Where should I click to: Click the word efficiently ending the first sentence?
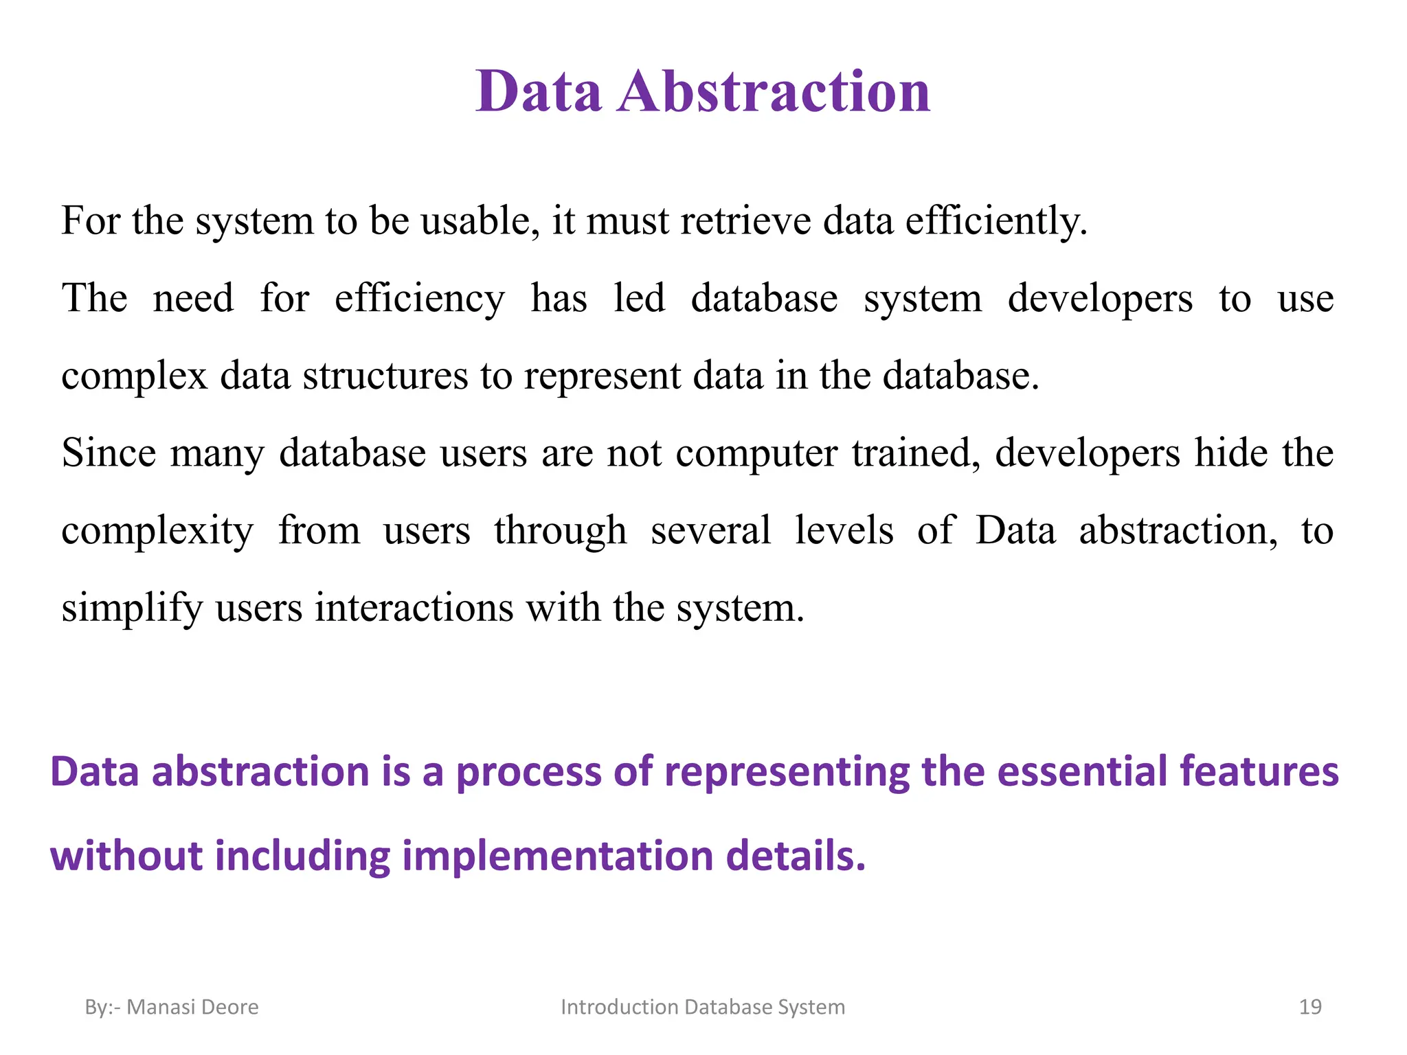point(995,221)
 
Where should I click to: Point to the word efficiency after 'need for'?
point(419,299)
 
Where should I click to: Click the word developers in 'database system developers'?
point(1100,299)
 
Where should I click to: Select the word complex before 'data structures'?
point(134,377)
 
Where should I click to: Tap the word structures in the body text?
point(385,376)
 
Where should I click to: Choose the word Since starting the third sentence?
point(109,453)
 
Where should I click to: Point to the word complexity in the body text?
point(157,532)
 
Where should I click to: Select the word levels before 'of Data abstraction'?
point(844,530)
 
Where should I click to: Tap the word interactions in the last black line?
point(414,608)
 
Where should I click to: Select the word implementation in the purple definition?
point(557,857)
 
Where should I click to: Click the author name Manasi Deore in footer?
point(192,1007)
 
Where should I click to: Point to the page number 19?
point(1310,1007)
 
